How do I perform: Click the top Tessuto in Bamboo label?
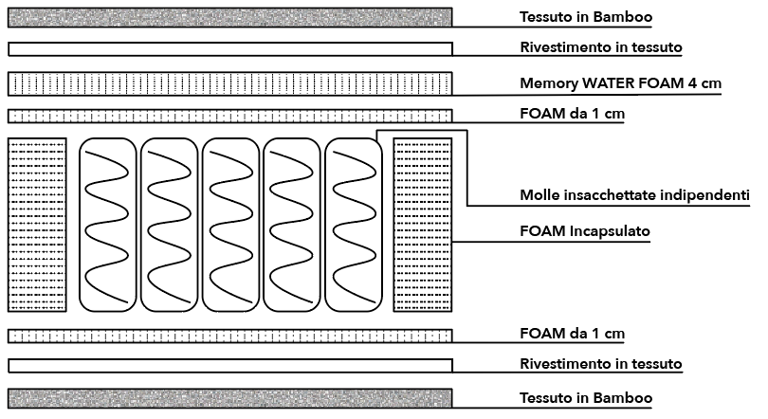tap(586, 17)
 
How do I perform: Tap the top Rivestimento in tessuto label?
tap(601, 46)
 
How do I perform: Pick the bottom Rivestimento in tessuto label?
tap(601, 364)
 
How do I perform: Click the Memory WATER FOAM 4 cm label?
tap(620, 83)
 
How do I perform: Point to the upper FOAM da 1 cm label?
tap(572, 114)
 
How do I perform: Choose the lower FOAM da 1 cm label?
tap(572, 334)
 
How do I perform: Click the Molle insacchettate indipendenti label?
tap(634, 195)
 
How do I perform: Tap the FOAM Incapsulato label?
tap(584, 230)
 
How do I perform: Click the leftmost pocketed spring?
tap(106, 225)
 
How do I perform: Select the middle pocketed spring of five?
tap(229, 225)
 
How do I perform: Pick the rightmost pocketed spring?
tap(352, 225)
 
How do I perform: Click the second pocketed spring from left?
tap(168, 225)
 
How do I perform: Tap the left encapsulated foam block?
tap(37, 225)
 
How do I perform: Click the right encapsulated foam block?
tap(422, 225)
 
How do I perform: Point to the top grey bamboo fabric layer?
tap(229, 17)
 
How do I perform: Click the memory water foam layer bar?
tap(229, 83)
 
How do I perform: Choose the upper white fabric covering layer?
tap(229, 48)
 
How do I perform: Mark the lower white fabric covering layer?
tap(229, 365)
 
